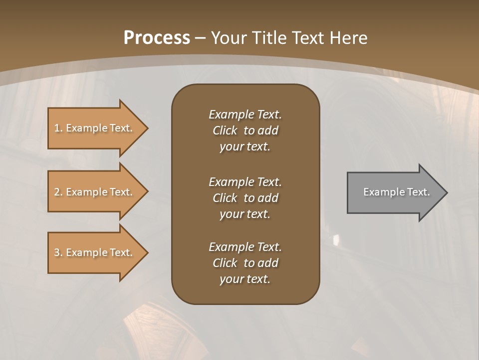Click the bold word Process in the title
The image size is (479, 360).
[x=157, y=38]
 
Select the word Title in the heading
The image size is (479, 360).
[x=270, y=38]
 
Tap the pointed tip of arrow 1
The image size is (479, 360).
[x=147, y=128]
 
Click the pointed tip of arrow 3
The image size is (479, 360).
[x=147, y=252]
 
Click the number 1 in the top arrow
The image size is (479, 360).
[x=57, y=128]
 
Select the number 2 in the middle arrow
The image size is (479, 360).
[x=57, y=192]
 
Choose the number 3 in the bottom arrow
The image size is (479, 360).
[x=57, y=252]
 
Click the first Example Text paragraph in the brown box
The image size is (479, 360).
[x=245, y=130]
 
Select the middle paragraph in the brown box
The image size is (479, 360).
[x=245, y=198]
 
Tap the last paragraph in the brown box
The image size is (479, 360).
[x=245, y=263]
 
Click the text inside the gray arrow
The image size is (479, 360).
[x=396, y=192]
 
